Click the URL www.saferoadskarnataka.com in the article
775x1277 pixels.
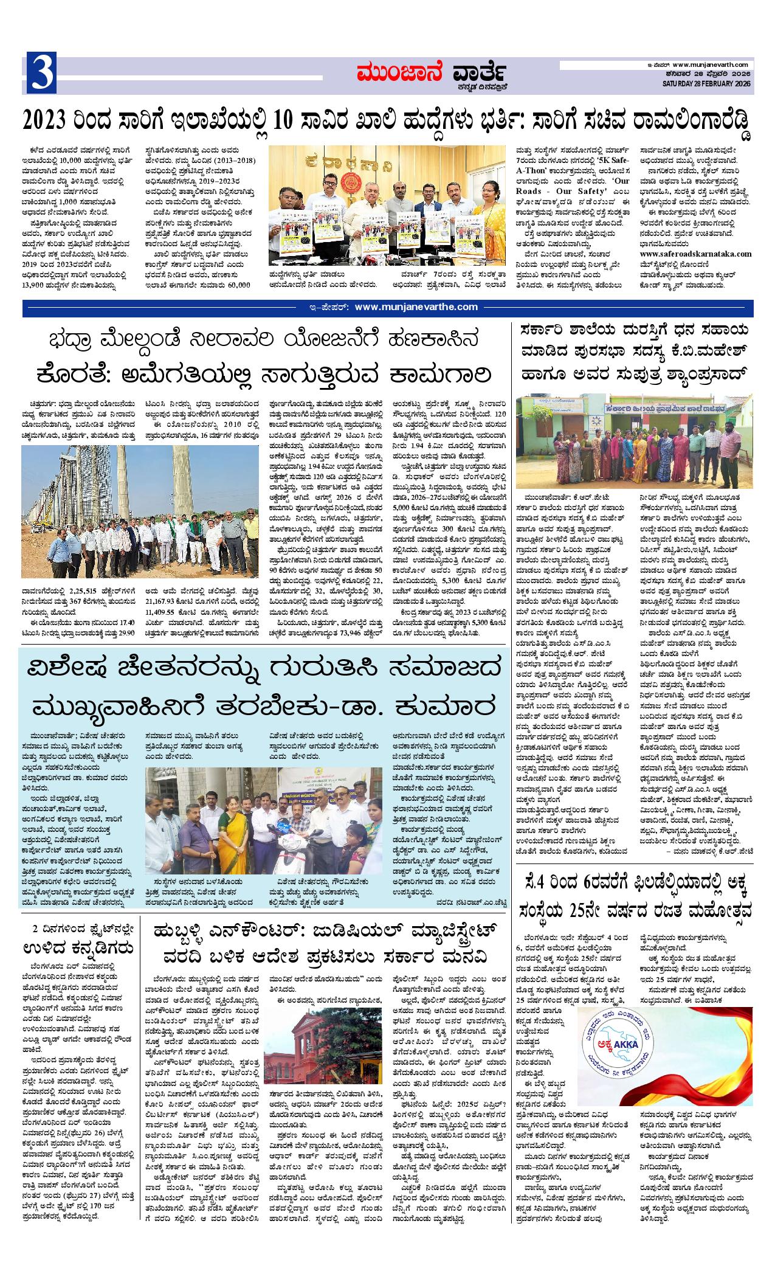click(x=695, y=254)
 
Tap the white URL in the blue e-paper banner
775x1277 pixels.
click(x=416, y=307)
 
